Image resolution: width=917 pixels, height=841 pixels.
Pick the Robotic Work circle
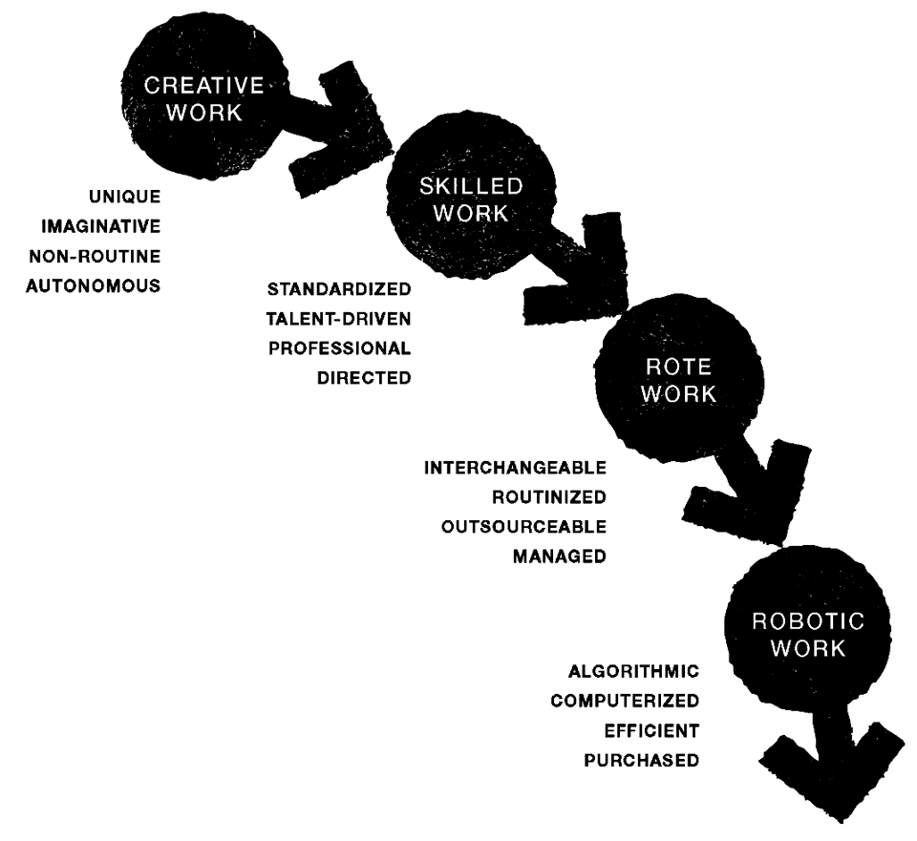click(809, 635)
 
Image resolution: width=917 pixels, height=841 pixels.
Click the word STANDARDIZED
click(340, 288)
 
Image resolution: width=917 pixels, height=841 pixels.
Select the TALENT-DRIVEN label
click(340, 318)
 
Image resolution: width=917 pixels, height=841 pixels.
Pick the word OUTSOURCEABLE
click(523, 528)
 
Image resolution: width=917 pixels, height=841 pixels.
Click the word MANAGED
click(560, 557)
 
